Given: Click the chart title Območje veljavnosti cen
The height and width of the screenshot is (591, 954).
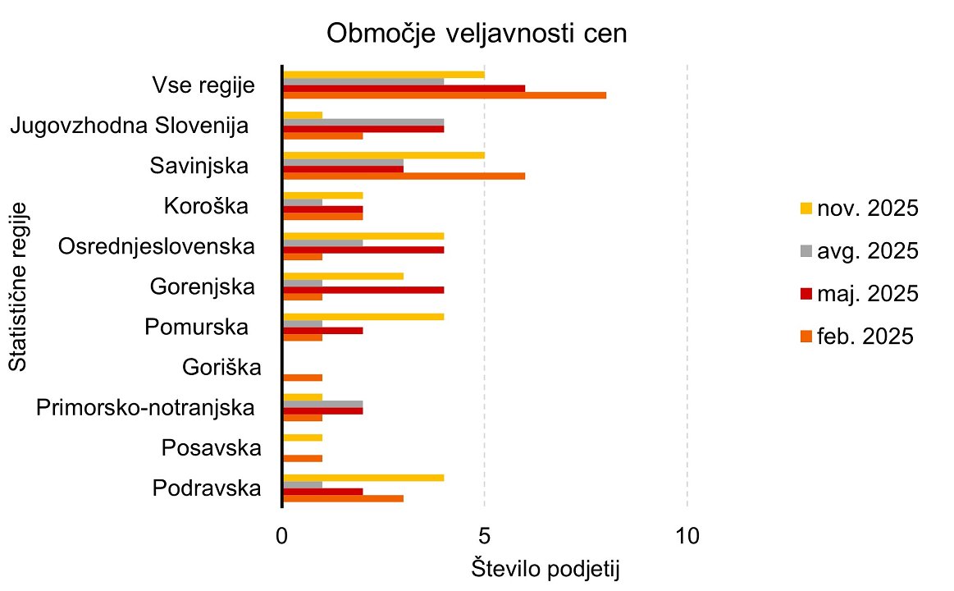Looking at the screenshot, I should (477, 34).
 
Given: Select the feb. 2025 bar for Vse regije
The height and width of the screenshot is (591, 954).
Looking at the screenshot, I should (444, 95).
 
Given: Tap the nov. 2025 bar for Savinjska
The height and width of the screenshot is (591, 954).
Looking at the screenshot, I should (383, 155).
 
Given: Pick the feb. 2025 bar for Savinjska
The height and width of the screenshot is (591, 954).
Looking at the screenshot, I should (404, 176).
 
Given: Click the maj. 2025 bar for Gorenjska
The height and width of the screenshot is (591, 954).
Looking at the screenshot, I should (363, 289).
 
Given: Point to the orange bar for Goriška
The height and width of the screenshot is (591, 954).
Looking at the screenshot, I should (303, 378).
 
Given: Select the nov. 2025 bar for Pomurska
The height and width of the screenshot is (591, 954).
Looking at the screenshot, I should (363, 317).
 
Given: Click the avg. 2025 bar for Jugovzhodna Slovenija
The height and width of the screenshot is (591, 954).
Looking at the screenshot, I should (363, 122).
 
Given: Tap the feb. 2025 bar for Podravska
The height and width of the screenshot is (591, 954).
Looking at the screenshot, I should (343, 498).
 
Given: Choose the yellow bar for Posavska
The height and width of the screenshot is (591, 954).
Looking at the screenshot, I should (303, 438).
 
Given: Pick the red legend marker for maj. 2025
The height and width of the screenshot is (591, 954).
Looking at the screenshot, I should (806, 293).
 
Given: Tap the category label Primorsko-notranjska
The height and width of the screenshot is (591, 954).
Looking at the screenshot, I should (144, 407).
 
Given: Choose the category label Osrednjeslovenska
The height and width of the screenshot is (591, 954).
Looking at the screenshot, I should (156, 246).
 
